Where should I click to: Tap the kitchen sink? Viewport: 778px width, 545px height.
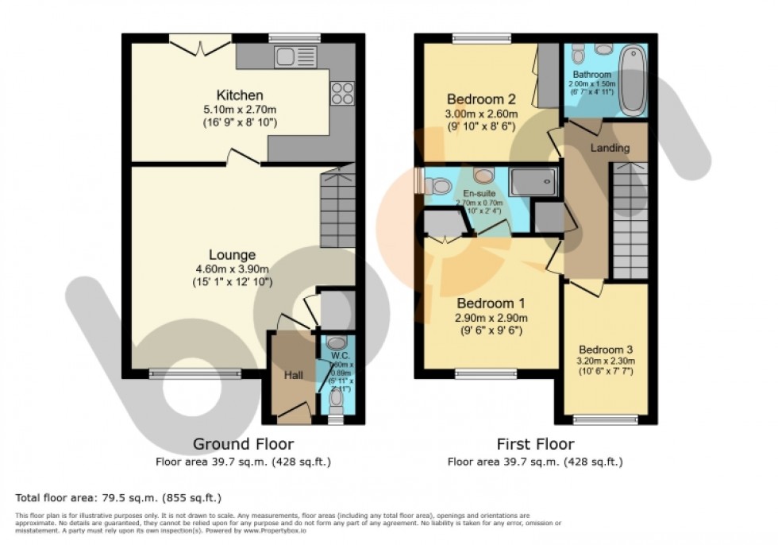coord(284,56)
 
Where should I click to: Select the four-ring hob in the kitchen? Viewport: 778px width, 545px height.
coord(341,95)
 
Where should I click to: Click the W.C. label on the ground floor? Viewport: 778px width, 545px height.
coord(336,354)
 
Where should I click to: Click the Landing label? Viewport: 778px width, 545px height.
coord(610,148)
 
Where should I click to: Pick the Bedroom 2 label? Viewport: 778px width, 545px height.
coord(481,99)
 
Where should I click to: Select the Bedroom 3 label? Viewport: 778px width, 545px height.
coord(605,350)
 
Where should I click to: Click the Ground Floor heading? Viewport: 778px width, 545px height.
coord(243,444)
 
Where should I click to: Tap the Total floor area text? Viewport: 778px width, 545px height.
coord(118,498)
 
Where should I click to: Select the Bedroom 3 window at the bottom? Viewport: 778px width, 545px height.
coord(605,419)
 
